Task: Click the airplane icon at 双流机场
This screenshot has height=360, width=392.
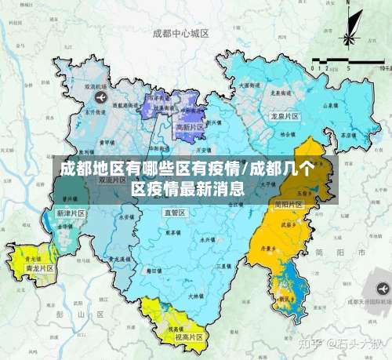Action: (x=100, y=96)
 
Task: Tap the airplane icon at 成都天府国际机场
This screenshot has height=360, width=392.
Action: (x=383, y=289)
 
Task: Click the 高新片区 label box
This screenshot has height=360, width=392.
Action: (x=189, y=127)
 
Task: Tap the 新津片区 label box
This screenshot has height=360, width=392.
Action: (x=71, y=213)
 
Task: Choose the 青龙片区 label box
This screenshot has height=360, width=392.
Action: (x=38, y=268)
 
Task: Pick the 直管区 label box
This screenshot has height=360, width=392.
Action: (x=174, y=213)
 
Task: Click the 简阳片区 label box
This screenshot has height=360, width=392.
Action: (x=289, y=204)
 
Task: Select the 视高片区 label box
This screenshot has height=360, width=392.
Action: (x=188, y=337)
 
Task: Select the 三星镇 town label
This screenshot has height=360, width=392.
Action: (x=223, y=266)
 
